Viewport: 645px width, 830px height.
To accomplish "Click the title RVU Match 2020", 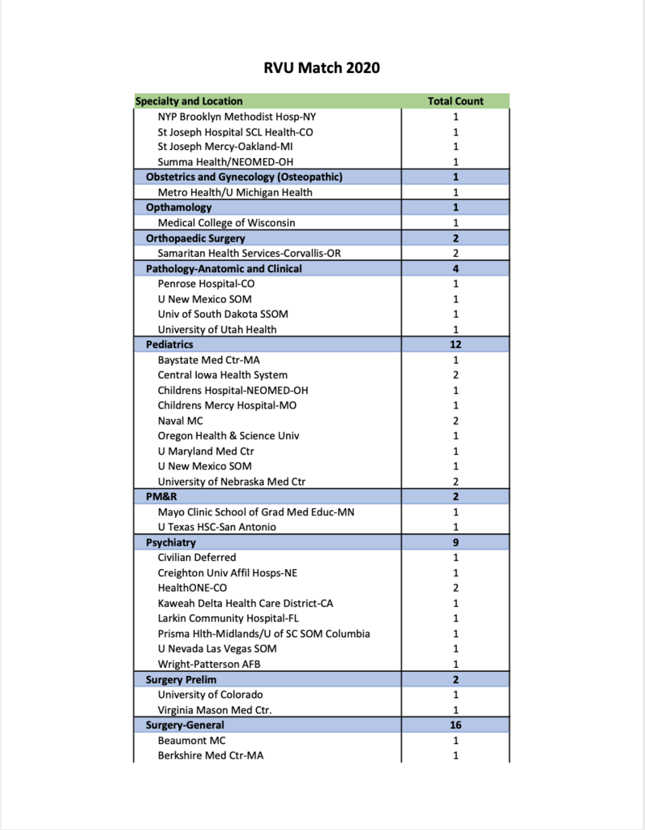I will point(322,68).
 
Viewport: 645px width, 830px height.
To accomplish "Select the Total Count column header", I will point(455,101).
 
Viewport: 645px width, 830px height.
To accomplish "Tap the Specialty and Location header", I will point(189,101).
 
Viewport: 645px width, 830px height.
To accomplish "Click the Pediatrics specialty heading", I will point(169,344).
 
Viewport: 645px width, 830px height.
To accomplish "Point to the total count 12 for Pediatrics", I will point(455,344).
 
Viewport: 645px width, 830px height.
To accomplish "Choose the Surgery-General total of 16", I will point(455,725).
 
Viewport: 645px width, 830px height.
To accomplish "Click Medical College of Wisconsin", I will point(226,223).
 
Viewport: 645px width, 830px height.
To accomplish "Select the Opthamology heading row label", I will point(178,207).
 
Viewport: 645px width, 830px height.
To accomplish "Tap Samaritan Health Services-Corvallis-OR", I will point(250,253).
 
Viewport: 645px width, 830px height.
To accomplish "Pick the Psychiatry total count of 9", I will point(455,542).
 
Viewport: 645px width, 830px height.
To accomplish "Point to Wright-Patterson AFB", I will point(209,665).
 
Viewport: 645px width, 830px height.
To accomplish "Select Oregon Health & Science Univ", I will point(229,436).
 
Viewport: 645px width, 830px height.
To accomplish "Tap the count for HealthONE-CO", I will point(455,588).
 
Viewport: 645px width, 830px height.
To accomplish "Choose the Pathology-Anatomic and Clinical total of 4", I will point(455,268).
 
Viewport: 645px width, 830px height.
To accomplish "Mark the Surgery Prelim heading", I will point(181,679).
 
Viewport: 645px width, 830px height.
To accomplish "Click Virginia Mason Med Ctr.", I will point(215,710).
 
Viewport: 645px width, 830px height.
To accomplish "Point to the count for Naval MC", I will point(455,421).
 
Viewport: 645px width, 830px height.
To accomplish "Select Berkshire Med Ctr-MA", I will point(211,755).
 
